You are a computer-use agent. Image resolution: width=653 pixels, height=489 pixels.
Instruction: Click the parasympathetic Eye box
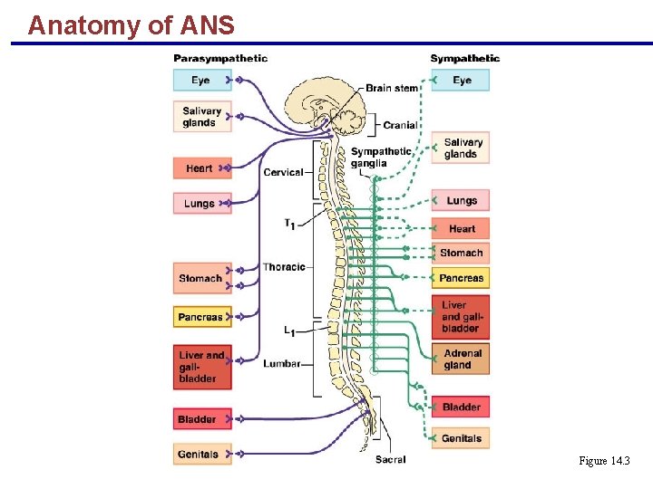click(201, 81)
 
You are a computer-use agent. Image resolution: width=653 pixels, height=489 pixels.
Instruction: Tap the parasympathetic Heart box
click(201, 168)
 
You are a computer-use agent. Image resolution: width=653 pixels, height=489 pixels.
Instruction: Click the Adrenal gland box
click(463, 360)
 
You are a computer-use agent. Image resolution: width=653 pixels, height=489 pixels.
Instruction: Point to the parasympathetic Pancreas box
click(201, 317)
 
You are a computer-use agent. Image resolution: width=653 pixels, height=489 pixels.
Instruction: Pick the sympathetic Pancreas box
click(462, 278)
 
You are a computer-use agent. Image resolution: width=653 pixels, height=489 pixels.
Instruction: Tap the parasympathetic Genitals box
click(201, 454)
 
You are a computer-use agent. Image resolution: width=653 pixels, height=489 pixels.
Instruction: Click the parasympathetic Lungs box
click(201, 204)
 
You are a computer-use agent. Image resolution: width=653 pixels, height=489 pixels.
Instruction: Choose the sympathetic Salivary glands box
click(463, 149)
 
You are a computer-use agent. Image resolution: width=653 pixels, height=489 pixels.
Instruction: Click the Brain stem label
click(392, 88)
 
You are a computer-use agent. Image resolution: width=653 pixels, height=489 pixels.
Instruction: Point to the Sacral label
click(391, 460)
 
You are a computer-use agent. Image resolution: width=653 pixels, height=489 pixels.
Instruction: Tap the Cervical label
click(283, 172)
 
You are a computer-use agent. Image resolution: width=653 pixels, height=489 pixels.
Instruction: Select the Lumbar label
click(282, 363)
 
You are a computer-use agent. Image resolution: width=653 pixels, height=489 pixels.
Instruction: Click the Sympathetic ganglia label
click(381, 158)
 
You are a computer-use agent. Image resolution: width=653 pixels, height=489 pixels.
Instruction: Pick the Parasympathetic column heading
click(220, 59)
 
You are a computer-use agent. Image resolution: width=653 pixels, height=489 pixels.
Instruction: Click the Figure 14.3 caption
click(604, 462)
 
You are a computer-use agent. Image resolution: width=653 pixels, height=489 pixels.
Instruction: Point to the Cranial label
click(400, 125)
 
